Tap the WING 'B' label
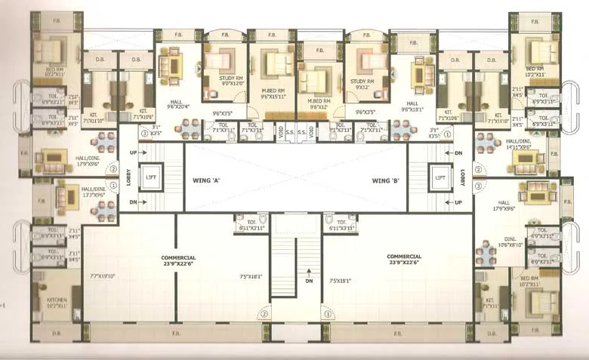click(384, 180)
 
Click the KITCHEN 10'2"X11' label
click(56, 303)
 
